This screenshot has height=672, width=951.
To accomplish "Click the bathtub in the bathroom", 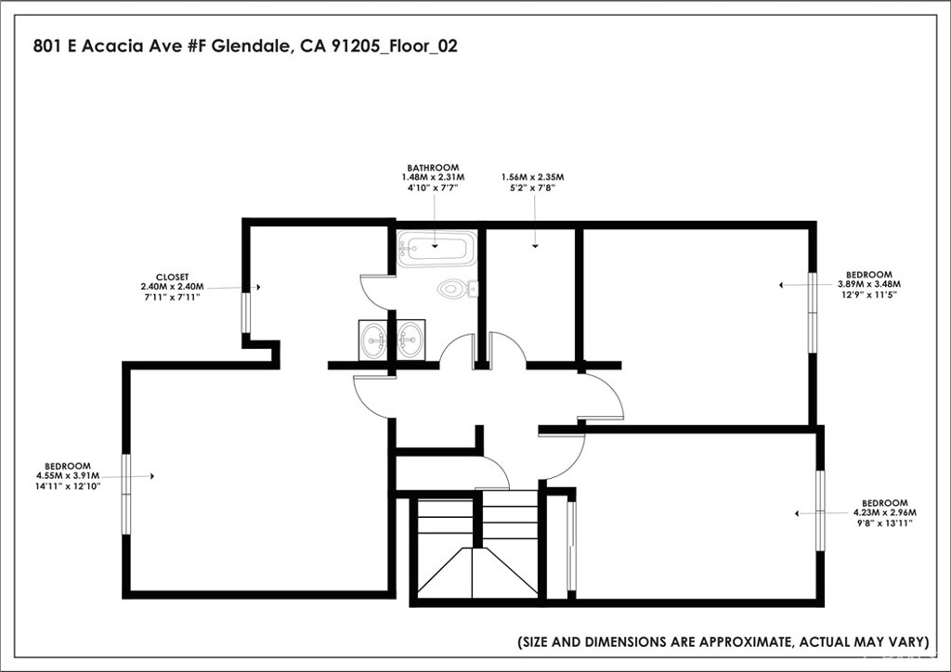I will click(x=436, y=249).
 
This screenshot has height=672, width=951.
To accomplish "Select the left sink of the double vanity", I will click(x=376, y=339).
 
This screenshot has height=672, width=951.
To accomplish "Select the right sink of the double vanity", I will click(x=410, y=339).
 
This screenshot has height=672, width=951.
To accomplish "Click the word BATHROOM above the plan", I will click(x=432, y=168).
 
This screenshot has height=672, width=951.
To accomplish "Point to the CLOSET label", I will click(x=172, y=277).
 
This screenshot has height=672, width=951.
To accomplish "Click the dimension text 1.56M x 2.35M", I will click(x=532, y=177).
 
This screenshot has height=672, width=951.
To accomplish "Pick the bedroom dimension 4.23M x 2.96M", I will click(x=884, y=512).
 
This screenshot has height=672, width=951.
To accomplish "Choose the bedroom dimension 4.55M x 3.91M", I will click(x=68, y=475).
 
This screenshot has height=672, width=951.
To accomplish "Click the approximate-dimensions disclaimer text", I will click(x=723, y=641).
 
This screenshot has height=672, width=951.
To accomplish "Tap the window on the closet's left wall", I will click(x=246, y=312).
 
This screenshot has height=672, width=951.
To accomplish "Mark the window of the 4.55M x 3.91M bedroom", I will click(x=126, y=494).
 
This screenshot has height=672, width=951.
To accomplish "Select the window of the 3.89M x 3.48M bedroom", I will click(x=813, y=312).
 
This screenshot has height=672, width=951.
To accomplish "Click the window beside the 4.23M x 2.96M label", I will click(x=820, y=510).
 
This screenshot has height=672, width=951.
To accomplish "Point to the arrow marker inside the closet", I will click(x=257, y=288).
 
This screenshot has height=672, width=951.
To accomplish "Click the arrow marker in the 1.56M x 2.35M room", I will click(x=535, y=246).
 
